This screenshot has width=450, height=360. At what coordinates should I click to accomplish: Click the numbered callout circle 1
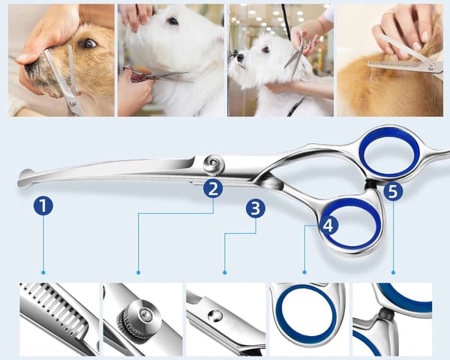43,205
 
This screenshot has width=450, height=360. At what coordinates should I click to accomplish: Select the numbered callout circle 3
256,208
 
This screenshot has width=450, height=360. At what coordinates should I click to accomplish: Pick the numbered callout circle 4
328,225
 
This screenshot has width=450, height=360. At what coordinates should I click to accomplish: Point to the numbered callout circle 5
393,191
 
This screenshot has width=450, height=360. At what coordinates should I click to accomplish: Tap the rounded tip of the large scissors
25,178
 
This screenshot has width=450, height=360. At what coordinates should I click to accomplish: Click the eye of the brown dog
88,43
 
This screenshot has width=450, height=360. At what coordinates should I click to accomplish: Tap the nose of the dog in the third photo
240,58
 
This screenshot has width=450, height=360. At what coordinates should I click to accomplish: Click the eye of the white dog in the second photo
173,21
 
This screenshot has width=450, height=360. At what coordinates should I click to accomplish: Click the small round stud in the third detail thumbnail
215,316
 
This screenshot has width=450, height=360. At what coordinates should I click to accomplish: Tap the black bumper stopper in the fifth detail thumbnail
386,315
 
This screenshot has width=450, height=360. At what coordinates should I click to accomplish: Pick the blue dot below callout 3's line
225,272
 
